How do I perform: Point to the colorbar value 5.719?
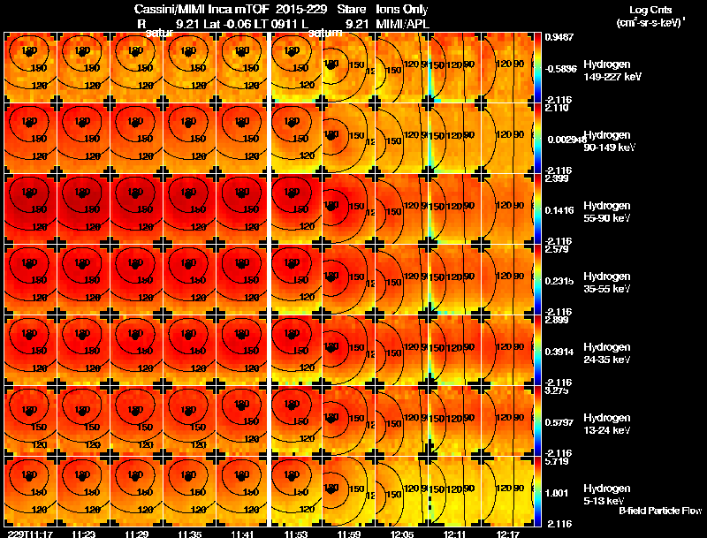pos(557,461)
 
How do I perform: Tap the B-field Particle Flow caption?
pos(659,511)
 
